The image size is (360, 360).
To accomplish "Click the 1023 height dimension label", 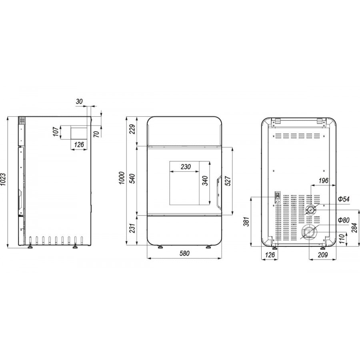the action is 3,179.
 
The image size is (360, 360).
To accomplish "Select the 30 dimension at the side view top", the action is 79,101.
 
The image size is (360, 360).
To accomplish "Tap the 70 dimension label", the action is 97,134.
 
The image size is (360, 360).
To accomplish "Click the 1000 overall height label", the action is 122,178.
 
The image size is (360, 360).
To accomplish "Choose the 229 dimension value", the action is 132,129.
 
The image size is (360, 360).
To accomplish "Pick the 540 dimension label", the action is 132,179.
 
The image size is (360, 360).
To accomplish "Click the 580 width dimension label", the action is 184,253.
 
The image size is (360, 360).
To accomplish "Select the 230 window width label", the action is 186,167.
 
